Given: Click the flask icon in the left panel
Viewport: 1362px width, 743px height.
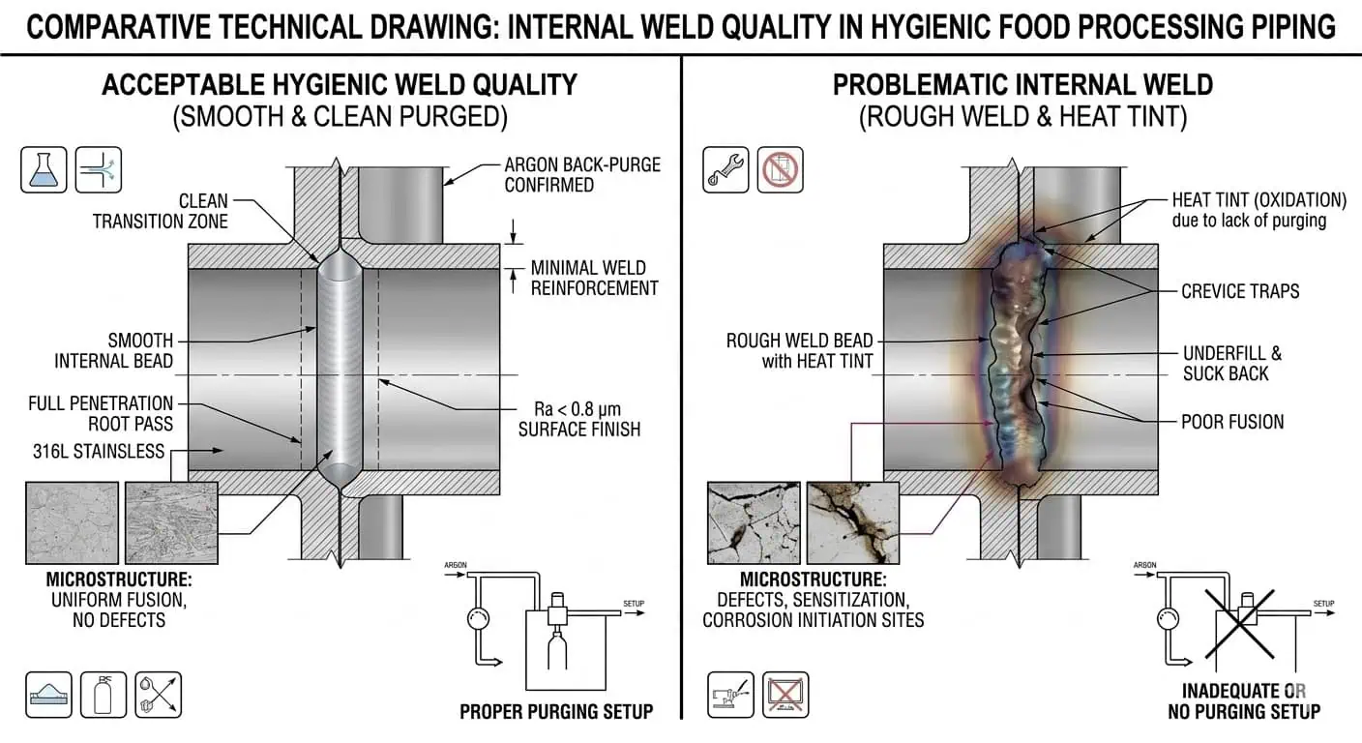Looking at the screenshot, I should [44, 168].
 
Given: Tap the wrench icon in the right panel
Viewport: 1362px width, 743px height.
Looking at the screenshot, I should [725, 168].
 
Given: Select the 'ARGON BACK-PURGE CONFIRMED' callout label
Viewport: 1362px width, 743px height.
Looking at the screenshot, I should [582, 174].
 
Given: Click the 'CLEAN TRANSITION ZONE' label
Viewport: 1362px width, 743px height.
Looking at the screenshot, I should [161, 211].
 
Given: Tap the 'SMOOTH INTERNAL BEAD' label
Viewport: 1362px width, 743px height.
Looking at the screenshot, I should [114, 351].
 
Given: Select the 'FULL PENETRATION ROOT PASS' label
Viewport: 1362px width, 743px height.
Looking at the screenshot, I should [101, 413].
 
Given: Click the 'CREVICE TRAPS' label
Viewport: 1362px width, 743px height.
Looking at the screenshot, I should [1240, 291].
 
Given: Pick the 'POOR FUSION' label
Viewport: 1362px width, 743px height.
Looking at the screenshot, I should [1232, 422].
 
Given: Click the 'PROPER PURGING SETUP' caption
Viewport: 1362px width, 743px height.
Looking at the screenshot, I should [556, 712].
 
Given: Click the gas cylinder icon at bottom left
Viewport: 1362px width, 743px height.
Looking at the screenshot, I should [103, 694].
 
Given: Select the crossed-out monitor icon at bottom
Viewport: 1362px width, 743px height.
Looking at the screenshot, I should [785, 694].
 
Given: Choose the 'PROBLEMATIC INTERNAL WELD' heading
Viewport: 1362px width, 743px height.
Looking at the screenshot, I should [1022, 84].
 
